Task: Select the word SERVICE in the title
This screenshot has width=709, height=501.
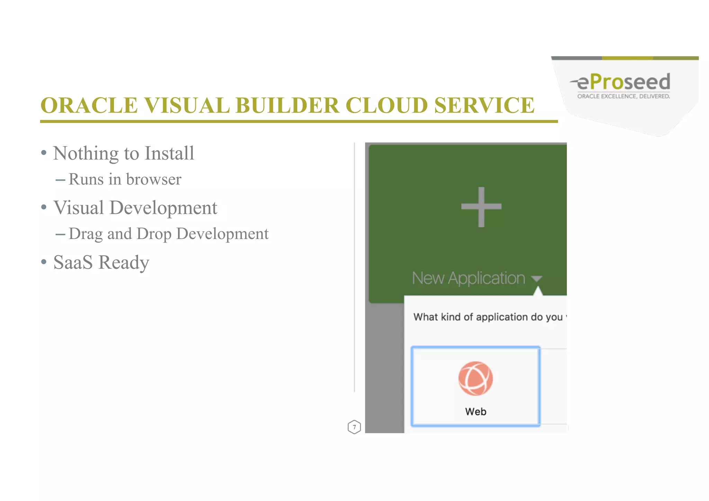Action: click(x=484, y=105)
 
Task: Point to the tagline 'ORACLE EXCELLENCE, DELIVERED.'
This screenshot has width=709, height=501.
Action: click(x=623, y=96)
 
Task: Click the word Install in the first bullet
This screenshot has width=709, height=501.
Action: click(x=169, y=153)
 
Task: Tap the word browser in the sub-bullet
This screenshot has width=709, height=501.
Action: click(x=154, y=179)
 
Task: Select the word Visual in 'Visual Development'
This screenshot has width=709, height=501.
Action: click(x=79, y=208)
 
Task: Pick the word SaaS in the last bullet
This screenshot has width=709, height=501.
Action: click(x=73, y=262)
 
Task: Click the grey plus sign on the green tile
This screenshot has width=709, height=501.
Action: click(x=481, y=207)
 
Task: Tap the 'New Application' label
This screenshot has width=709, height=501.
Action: click(x=468, y=278)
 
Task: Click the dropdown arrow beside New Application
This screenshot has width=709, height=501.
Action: click(x=536, y=278)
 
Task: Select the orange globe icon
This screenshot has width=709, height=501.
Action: click(x=475, y=378)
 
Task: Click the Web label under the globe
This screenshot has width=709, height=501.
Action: click(x=476, y=412)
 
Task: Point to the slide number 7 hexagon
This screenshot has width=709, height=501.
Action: click(x=354, y=427)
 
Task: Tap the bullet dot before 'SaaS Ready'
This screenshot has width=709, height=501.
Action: click(x=44, y=262)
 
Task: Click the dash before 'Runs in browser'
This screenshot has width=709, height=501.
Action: click(x=60, y=180)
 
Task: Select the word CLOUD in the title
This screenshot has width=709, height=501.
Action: click(x=387, y=105)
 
